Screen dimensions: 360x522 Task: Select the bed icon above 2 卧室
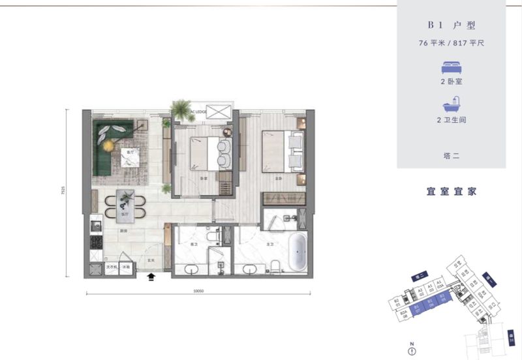[x=451, y=67]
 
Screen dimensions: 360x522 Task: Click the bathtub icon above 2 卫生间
[x=451, y=106]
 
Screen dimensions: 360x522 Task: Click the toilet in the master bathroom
[x=275, y=265]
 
